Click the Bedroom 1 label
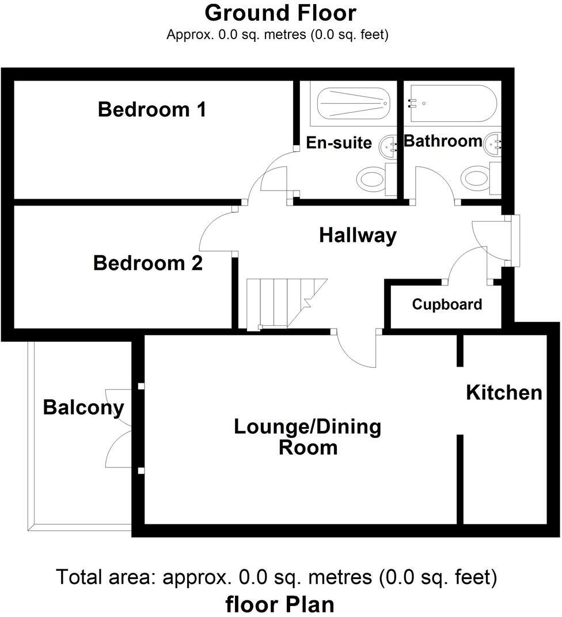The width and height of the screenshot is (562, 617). pos(152,109)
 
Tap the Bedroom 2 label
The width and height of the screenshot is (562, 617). pos(148,264)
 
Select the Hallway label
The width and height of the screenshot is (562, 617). pos(358,235)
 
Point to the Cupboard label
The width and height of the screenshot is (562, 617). pos(447,304)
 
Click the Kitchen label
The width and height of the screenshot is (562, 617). pos(504,393)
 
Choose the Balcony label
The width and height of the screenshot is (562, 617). pos(83,407)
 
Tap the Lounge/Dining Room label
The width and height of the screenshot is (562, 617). pos(307,437)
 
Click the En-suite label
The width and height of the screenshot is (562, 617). pos(339,142)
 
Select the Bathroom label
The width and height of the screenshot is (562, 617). pos(443,140)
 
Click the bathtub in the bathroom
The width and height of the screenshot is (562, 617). pos(452,104)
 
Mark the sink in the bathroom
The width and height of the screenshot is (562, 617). pos(494,144)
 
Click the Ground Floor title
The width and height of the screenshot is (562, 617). pos(280,13)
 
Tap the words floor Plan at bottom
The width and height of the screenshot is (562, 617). pos(280,604)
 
